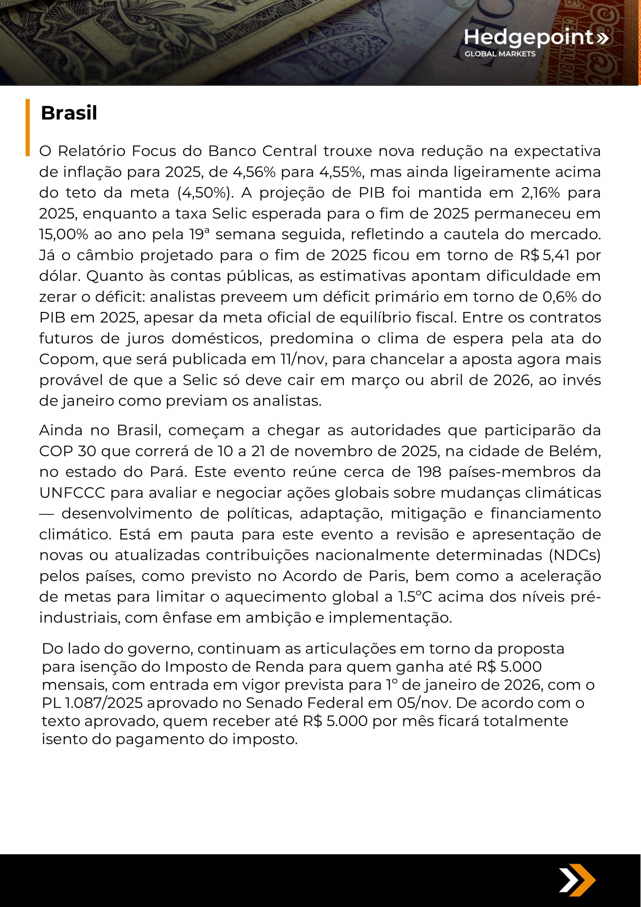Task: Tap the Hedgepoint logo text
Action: click(529, 37)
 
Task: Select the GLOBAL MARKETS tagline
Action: click(500, 54)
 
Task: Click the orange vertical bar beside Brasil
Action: click(28, 127)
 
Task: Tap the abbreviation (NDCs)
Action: click(574, 555)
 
